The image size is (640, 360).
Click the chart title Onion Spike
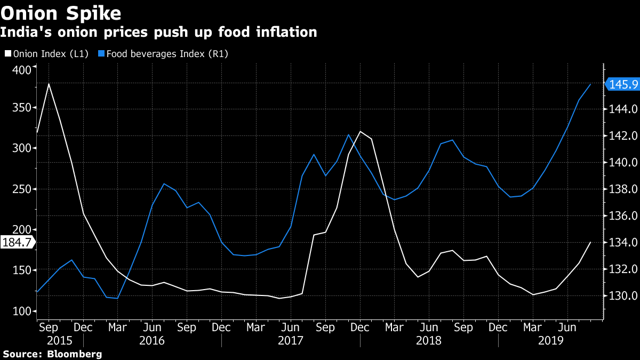[60, 12]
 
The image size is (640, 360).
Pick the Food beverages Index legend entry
[167, 54]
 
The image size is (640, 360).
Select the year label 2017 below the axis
[290, 340]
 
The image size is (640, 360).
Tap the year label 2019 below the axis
[551, 340]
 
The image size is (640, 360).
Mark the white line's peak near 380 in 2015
[49, 84]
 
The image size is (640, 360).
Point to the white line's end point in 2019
[590, 242]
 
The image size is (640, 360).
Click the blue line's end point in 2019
[590, 84]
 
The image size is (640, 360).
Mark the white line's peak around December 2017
[360, 131]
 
